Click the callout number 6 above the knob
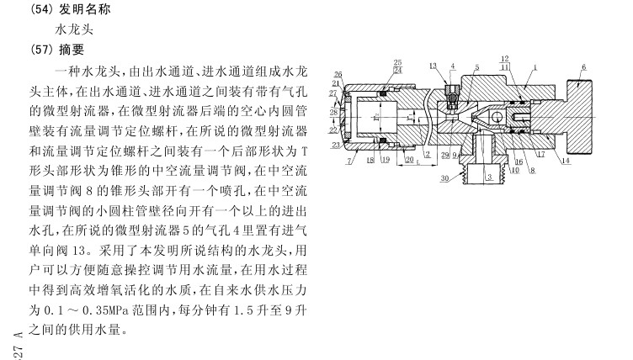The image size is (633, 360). pyautogui.click(x=583, y=66)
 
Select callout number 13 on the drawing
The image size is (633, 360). pyautogui.click(x=432, y=66)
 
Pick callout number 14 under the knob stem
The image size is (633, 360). pyautogui.click(x=564, y=159)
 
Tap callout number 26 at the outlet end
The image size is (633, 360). pyautogui.click(x=338, y=74)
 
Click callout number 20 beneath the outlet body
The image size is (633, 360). pyautogui.click(x=410, y=158)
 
